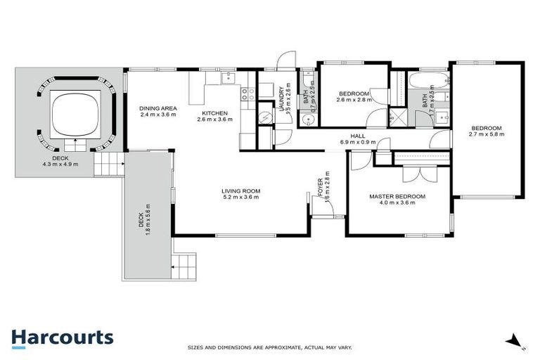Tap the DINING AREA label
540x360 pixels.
(157, 108)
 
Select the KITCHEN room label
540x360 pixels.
(214, 113)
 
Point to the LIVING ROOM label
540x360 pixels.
(240, 190)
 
